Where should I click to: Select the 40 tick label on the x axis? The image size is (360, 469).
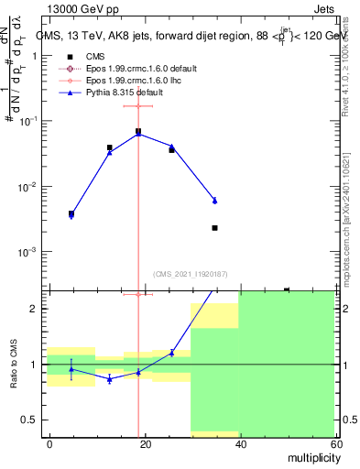(240, 443)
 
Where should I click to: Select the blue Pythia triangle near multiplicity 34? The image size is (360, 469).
(214, 200)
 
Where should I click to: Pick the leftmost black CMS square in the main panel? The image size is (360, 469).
(71, 213)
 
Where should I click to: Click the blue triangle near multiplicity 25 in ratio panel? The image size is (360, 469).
(171, 353)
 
